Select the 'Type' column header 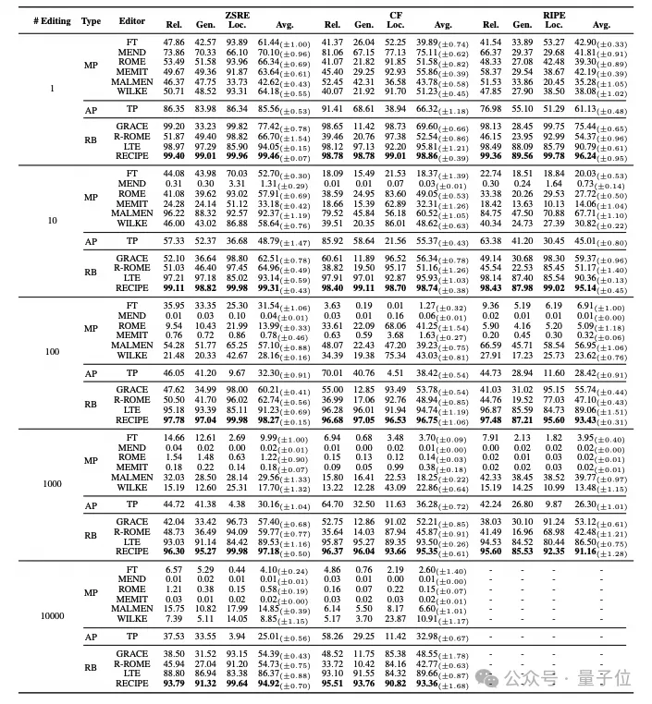click(91, 19)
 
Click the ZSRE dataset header click(237, 14)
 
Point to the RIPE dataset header click(553, 14)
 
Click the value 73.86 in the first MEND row click(174, 54)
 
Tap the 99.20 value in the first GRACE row click(174, 127)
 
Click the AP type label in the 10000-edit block click(91, 637)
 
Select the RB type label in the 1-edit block click(91, 141)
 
